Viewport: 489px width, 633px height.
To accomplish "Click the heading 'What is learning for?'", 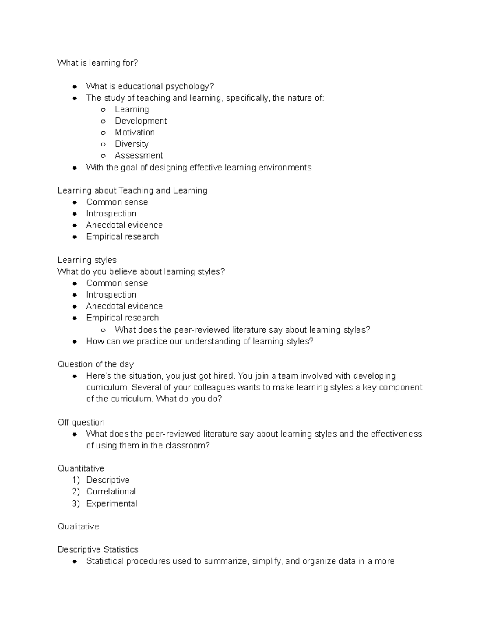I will click(x=97, y=63).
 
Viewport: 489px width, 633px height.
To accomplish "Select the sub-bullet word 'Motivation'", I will click(x=134, y=132).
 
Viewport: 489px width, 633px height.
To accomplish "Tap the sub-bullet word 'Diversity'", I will click(x=132, y=144).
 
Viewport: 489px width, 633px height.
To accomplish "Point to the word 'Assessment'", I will click(x=139, y=155).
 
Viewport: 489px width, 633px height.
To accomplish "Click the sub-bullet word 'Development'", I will click(x=141, y=121).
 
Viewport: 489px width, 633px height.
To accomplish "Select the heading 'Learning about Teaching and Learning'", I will click(x=132, y=191).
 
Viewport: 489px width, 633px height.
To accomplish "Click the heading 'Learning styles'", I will click(x=87, y=260).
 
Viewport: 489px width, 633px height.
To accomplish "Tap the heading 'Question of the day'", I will click(x=95, y=364).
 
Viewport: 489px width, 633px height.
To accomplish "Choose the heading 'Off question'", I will click(x=81, y=422).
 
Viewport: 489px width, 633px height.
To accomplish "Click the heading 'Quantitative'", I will click(x=81, y=468).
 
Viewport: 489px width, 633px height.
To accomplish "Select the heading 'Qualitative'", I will click(x=78, y=527).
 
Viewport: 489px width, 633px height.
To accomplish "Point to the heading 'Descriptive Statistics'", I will click(x=98, y=549).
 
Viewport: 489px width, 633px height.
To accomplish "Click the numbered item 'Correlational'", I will click(x=111, y=492).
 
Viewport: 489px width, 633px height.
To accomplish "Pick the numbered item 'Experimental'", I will click(x=112, y=504).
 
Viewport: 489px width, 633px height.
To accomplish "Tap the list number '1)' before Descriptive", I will click(x=75, y=480).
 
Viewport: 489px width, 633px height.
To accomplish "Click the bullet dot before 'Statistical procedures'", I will click(x=75, y=562).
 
